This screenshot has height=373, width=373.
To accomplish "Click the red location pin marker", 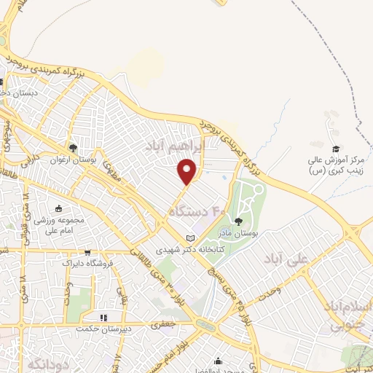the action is pos(188,171).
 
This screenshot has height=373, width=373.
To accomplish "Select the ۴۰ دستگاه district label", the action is pos(198,211).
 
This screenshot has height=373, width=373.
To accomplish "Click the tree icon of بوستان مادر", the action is pos(237,221).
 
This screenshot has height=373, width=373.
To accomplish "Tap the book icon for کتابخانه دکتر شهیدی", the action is pos(191,238).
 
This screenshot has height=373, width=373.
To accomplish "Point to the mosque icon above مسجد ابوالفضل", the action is pos(218,360).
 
